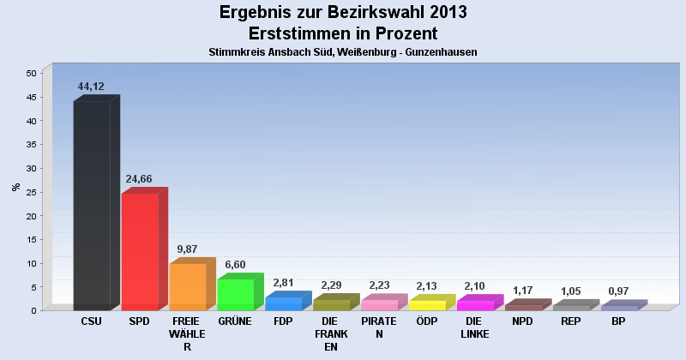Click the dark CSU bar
[x=92, y=206]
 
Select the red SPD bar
[x=140, y=251]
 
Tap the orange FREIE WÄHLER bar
[x=187, y=286]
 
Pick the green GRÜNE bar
[x=235, y=294]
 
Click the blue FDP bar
[x=283, y=303]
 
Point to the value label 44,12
[x=92, y=87]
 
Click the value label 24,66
[x=140, y=179]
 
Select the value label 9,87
[x=188, y=249]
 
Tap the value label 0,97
[x=619, y=291]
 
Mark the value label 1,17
[x=523, y=291]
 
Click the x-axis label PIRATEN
[x=378, y=327]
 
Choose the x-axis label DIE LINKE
[x=474, y=327]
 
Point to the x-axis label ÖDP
[x=426, y=321]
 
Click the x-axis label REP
[x=570, y=321]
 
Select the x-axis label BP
[x=618, y=321]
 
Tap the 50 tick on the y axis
[x=30, y=74]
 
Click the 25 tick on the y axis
[x=30, y=192]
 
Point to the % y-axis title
[x=15, y=187]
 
